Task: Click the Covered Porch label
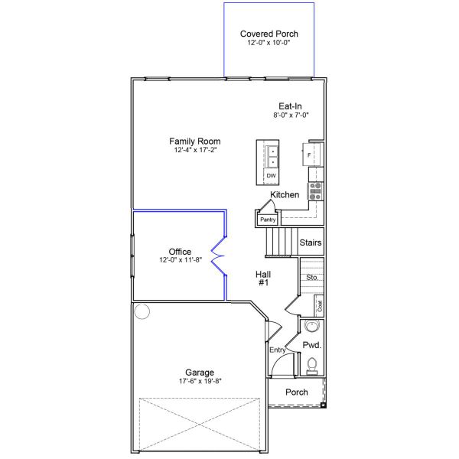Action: point(269,34)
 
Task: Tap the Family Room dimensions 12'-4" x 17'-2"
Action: point(195,151)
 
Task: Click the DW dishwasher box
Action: point(271,176)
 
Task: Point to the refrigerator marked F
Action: point(310,155)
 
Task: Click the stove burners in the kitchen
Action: point(314,191)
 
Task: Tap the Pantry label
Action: point(267,220)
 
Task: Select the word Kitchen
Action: point(285,195)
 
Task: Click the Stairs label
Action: point(310,243)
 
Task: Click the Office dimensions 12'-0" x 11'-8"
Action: point(180,261)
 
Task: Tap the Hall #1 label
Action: point(264,278)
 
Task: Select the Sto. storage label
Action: point(312,277)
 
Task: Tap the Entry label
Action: point(277,350)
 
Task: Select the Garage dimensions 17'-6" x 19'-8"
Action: point(199,381)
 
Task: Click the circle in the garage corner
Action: point(142,311)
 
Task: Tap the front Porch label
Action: point(296,392)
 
